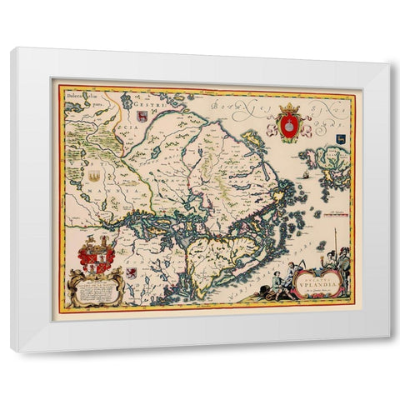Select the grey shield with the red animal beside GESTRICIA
tap(141, 117)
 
